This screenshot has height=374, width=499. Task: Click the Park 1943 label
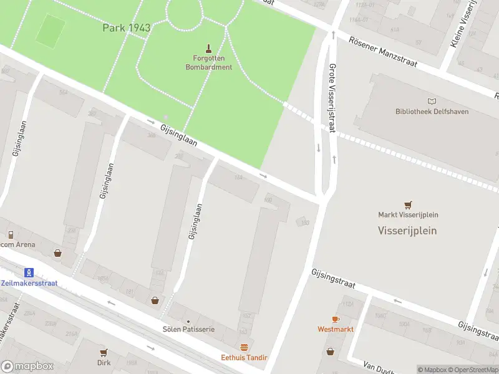click(x=126, y=28)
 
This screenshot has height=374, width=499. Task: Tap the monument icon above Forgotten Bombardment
click(x=208, y=47)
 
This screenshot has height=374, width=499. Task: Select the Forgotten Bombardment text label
click(x=208, y=63)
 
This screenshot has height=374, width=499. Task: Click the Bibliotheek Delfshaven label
click(x=432, y=112)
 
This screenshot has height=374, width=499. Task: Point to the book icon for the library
click(x=432, y=101)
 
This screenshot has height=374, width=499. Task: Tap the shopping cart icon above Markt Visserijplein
click(x=408, y=204)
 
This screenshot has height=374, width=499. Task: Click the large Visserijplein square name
click(x=407, y=230)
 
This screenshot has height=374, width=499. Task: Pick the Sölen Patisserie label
click(x=188, y=328)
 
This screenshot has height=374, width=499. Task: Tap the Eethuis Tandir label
click(x=244, y=357)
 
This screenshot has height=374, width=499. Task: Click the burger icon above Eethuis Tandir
click(x=244, y=347)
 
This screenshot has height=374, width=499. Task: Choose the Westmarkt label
click(x=336, y=328)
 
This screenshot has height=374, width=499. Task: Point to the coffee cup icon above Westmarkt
click(x=336, y=319)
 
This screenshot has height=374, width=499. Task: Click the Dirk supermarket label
click(x=104, y=362)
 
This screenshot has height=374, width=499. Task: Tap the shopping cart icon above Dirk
click(x=104, y=352)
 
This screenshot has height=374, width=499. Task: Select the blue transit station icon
click(x=28, y=272)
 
